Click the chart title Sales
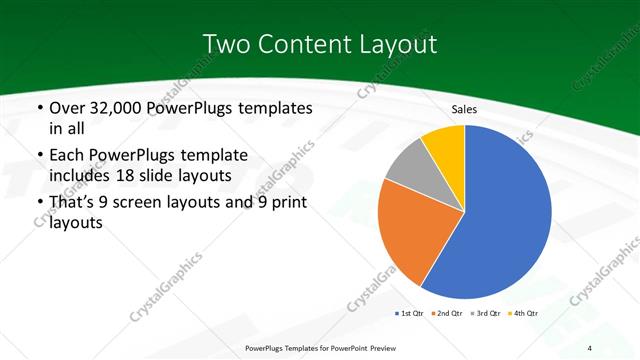(x=464, y=109)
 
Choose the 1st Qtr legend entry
(x=408, y=314)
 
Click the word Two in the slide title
(x=227, y=44)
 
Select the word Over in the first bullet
(x=67, y=108)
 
